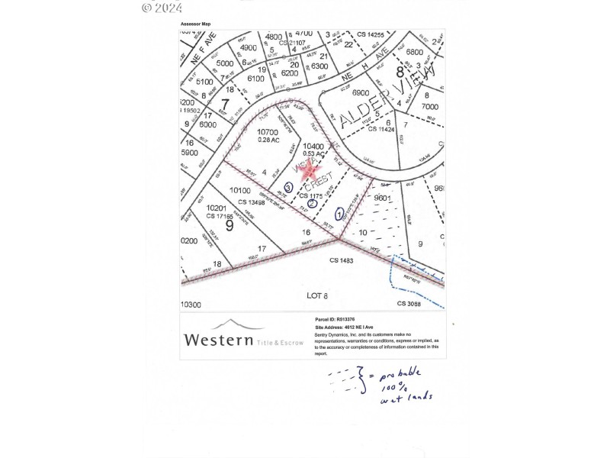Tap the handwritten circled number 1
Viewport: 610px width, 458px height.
click(339, 215)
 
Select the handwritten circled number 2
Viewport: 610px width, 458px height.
click(312, 203)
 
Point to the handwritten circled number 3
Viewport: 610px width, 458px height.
click(288, 186)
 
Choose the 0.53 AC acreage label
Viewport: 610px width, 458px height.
click(313, 153)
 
